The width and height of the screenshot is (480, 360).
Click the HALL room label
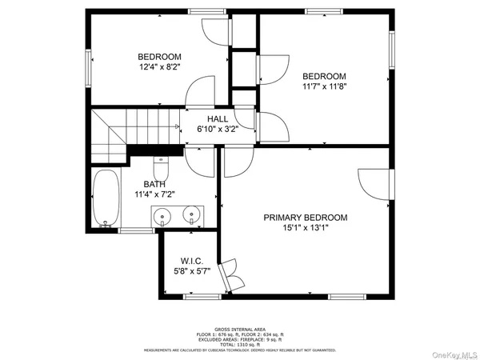(218, 118)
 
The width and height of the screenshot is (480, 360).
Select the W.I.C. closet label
(192, 262)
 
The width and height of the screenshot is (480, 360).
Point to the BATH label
(154, 183)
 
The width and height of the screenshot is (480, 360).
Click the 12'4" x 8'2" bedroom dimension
(159, 67)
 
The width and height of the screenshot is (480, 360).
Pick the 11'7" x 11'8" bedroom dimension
(324, 87)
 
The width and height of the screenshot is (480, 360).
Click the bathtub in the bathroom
(103, 199)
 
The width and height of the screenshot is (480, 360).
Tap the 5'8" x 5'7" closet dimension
(192, 272)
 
